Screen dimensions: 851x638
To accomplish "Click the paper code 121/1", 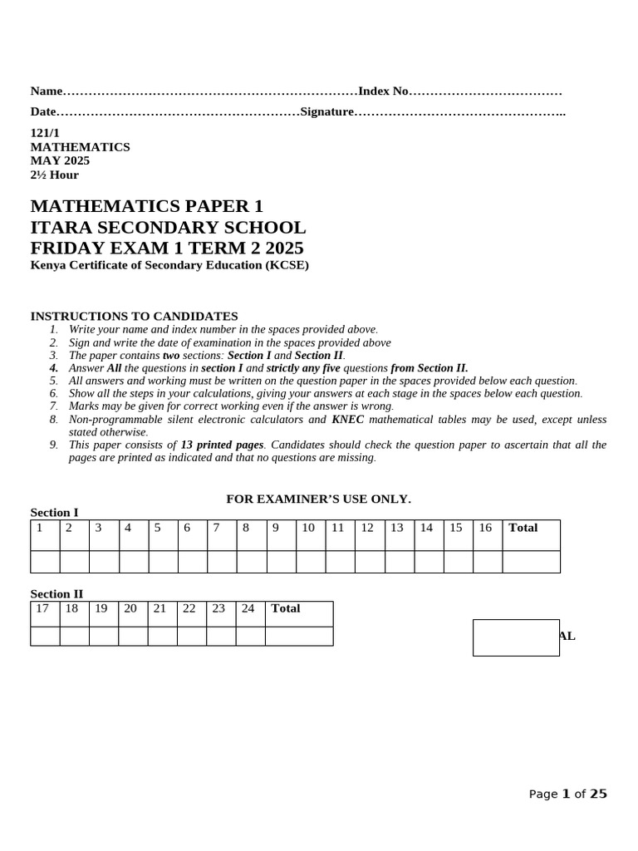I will coord(45,133).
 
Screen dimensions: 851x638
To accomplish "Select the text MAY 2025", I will coord(60,160).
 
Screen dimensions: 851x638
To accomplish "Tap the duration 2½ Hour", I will coord(55,175).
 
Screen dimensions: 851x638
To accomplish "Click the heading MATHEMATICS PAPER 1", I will coord(146,206).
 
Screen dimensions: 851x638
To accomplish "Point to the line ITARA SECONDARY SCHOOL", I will coord(168,228).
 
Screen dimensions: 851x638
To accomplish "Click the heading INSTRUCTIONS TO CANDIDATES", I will coord(134,316).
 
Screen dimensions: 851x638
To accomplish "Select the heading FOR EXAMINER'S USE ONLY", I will coord(319,499).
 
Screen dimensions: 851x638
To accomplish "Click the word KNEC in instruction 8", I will coord(348,420).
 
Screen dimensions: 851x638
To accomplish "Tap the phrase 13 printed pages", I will coord(222,445).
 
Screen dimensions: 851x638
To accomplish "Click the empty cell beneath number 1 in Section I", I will coord(45,562).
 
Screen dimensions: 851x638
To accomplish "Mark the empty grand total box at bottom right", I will coord(516,637).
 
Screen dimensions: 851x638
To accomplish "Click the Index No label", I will coord(383,91).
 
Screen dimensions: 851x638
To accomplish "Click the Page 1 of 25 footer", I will coord(568,794).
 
